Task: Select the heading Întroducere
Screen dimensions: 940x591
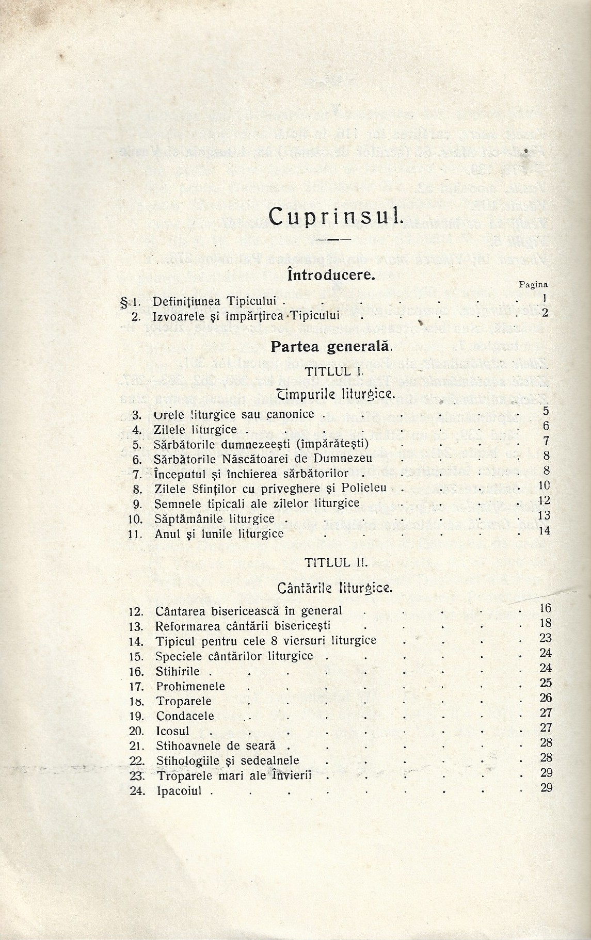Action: pyautogui.click(x=331, y=275)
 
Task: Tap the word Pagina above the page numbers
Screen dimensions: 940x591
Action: pyautogui.click(x=533, y=284)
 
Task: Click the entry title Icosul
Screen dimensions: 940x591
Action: pyautogui.click(x=173, y=731)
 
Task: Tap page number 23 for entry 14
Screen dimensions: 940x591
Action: pyautogui.click(x=546, y=638)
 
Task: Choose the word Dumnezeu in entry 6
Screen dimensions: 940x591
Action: pyautogui.click(x=368, y=458)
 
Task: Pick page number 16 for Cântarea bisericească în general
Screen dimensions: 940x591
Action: pyautogui.click(x=545, y=608)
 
